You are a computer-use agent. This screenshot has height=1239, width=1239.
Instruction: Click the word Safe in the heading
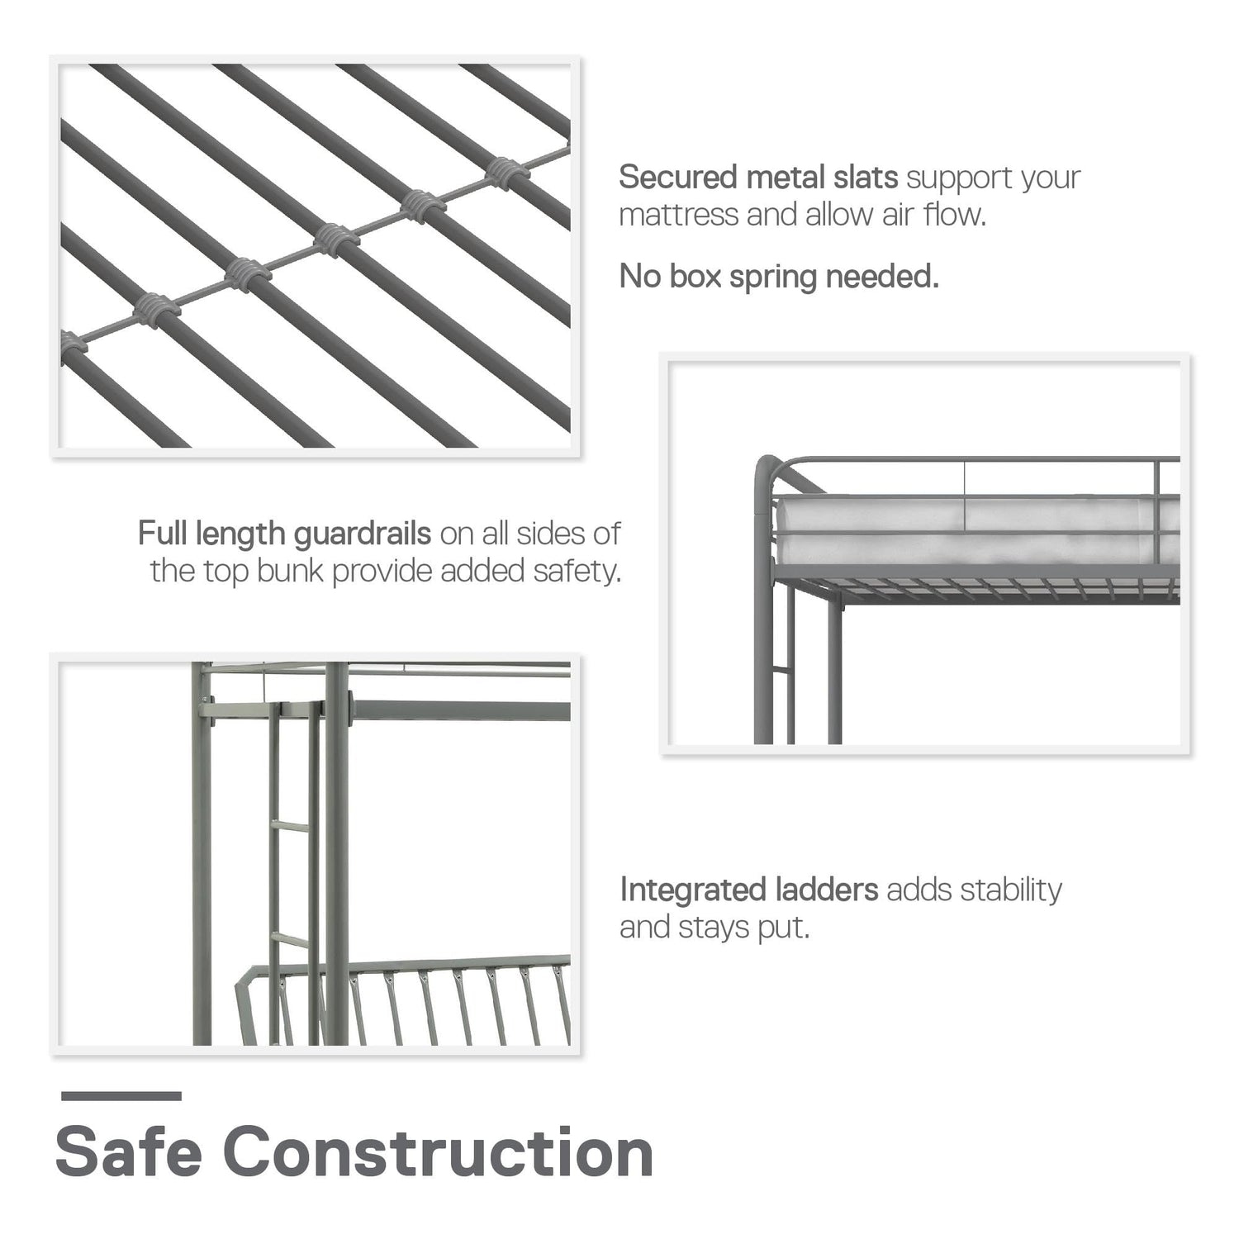(129, 1152)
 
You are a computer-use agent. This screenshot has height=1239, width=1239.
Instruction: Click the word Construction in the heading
(439, 1152)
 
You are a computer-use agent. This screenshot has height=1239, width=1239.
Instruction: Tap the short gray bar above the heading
(121, 1096)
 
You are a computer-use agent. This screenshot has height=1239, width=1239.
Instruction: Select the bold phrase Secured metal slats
(758, 177)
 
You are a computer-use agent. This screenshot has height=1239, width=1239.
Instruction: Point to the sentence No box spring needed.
(779, 277)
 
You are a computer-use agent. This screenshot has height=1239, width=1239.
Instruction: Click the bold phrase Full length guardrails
(284, 534)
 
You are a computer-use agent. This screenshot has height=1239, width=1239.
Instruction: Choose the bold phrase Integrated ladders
(749, 890)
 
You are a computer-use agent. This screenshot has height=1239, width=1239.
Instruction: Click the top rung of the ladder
(293, 825)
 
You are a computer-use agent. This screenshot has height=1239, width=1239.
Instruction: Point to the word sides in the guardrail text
(553, 534)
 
